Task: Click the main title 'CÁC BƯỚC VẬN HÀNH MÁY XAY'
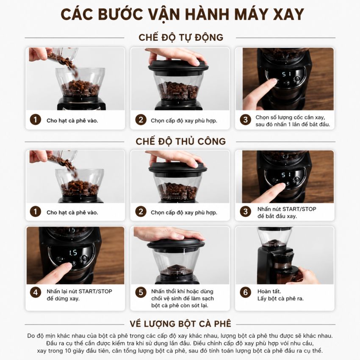(x=182, y=14)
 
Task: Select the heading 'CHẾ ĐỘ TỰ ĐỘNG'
(x=181, y=37)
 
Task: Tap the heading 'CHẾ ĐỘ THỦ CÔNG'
(x=181, y=141)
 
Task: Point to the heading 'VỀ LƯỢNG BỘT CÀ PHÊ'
(x=180, y=324)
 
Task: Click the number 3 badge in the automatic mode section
(x=245, y=119)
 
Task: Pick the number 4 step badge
(x=35, y=292)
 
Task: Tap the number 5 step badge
(x=141, y=292)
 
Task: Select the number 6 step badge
(x=245, y=292)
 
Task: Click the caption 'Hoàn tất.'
(x=269, y=291)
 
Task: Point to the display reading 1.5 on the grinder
(x=73, y=253)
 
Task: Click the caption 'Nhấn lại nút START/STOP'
(x=79, y=291)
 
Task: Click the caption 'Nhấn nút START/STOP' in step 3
(x=287, y=209)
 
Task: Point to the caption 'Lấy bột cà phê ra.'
(x=280, y=299)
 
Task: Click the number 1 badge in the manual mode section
(x=35, y=211)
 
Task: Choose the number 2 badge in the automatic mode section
(x=141, y=119)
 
